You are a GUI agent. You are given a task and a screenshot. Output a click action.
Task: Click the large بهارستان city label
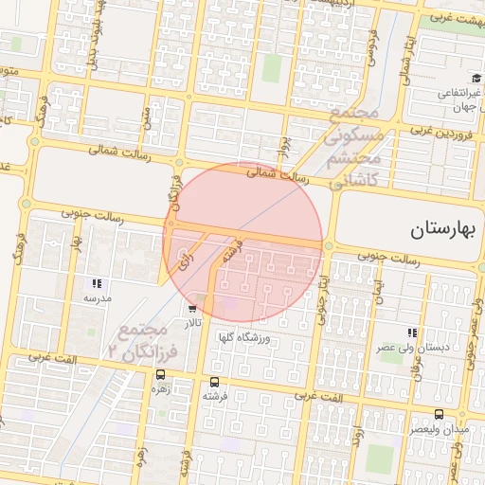pyautogui.click(x=447, y=230)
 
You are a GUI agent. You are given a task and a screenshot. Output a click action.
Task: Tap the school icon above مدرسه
pyautogui.click(x=96, y=283)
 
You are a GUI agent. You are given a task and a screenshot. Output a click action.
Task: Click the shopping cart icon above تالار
pyautogui.click(x=193, y=308)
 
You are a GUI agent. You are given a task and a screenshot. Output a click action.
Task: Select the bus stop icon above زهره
pyautogui.click(x=159, y=374)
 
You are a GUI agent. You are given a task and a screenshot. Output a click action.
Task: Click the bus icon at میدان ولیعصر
pyautogui.click(x=439, y=414)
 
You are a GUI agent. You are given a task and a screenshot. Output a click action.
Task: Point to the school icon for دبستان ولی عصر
pyautogui.click(x=411, y=332)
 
